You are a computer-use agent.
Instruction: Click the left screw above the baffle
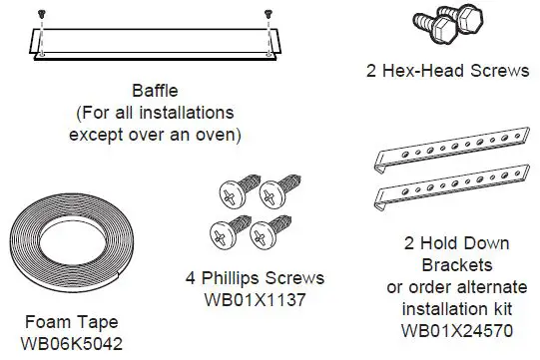pos(41,14)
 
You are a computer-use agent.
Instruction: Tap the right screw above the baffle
pos(268,14)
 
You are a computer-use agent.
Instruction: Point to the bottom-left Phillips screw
pos(222,233)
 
